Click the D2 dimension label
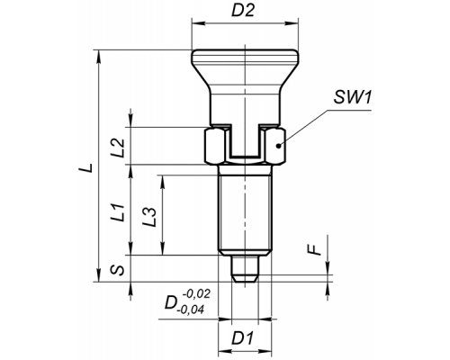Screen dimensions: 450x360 (x=243, y=11)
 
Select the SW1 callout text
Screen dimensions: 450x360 (x=353, y=97)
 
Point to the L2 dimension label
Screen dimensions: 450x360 (x=118, y=148)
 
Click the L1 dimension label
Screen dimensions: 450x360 (x=118, y=212)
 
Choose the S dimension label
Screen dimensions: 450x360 (x=118, y=270)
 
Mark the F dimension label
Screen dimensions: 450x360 (x=315, y=249)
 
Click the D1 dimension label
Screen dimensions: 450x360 (x=242, y=338)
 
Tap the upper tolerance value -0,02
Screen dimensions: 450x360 (x=196, y=294)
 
